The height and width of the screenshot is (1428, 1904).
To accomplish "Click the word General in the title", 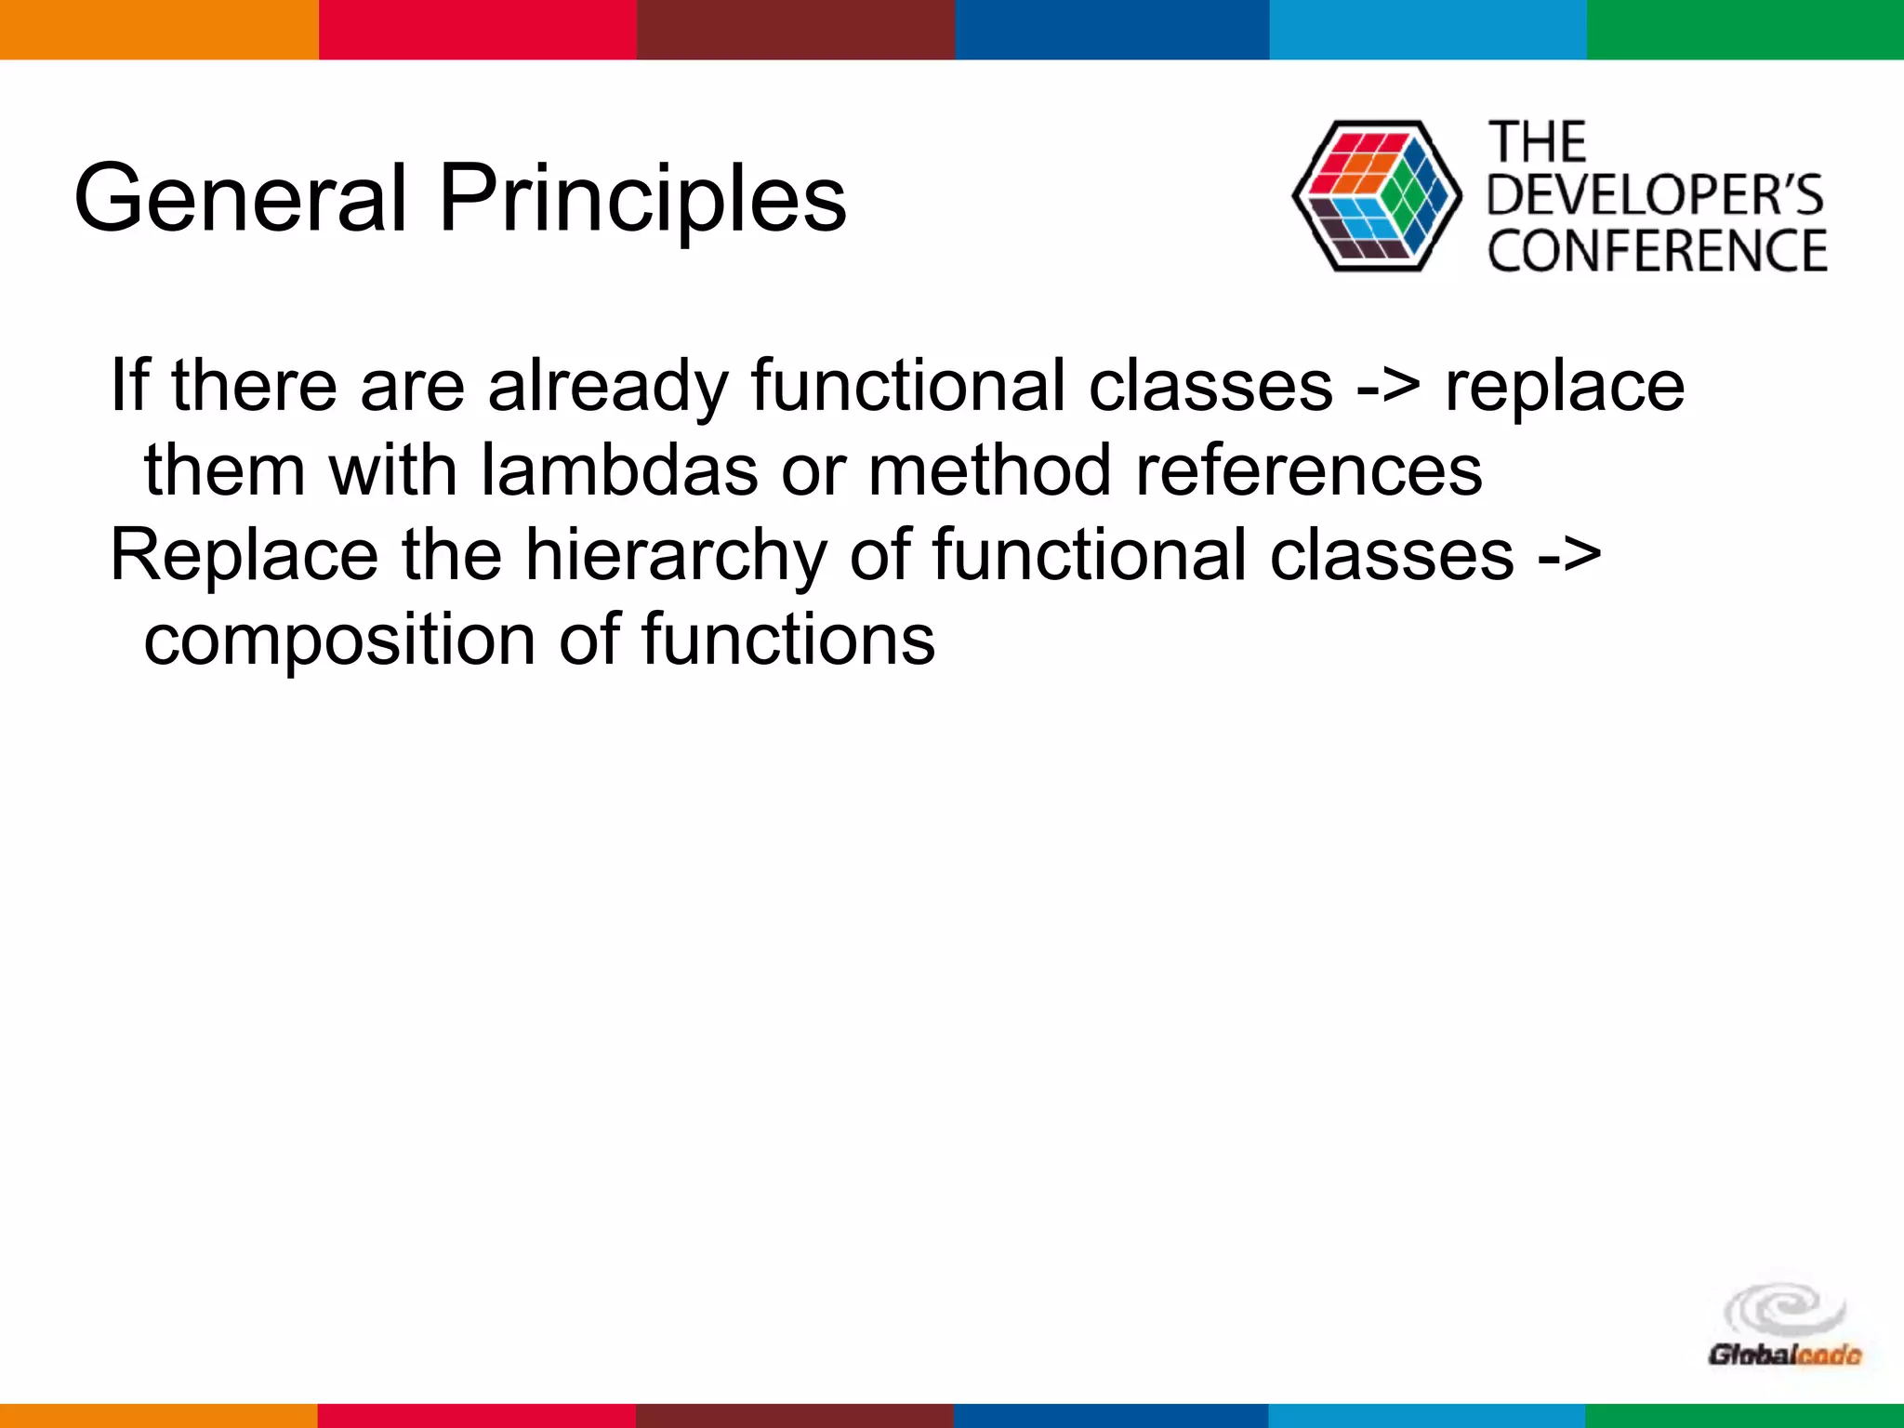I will tap(240, 198).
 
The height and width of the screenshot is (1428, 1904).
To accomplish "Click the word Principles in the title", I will tap(641, 198).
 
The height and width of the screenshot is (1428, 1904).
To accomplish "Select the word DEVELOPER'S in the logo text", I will tap(1655, 196).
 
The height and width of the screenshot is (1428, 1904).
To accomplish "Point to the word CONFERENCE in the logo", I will tap(1657, 251).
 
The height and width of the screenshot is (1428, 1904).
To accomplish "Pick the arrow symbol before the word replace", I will tap(1387, 388).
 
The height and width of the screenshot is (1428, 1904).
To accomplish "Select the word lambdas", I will tap(619, 469).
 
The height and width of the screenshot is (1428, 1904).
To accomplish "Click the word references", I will tap(1309, 469).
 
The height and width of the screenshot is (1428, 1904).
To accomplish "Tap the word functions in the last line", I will tap(787, 640).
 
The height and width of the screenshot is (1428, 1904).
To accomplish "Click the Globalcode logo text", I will tap(1783, 1355).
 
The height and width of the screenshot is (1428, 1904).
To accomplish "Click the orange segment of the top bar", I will tap(158, 29).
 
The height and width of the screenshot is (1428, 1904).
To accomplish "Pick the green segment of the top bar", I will tap(1745, 29).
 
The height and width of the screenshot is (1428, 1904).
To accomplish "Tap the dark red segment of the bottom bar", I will tap(795, 1415).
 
